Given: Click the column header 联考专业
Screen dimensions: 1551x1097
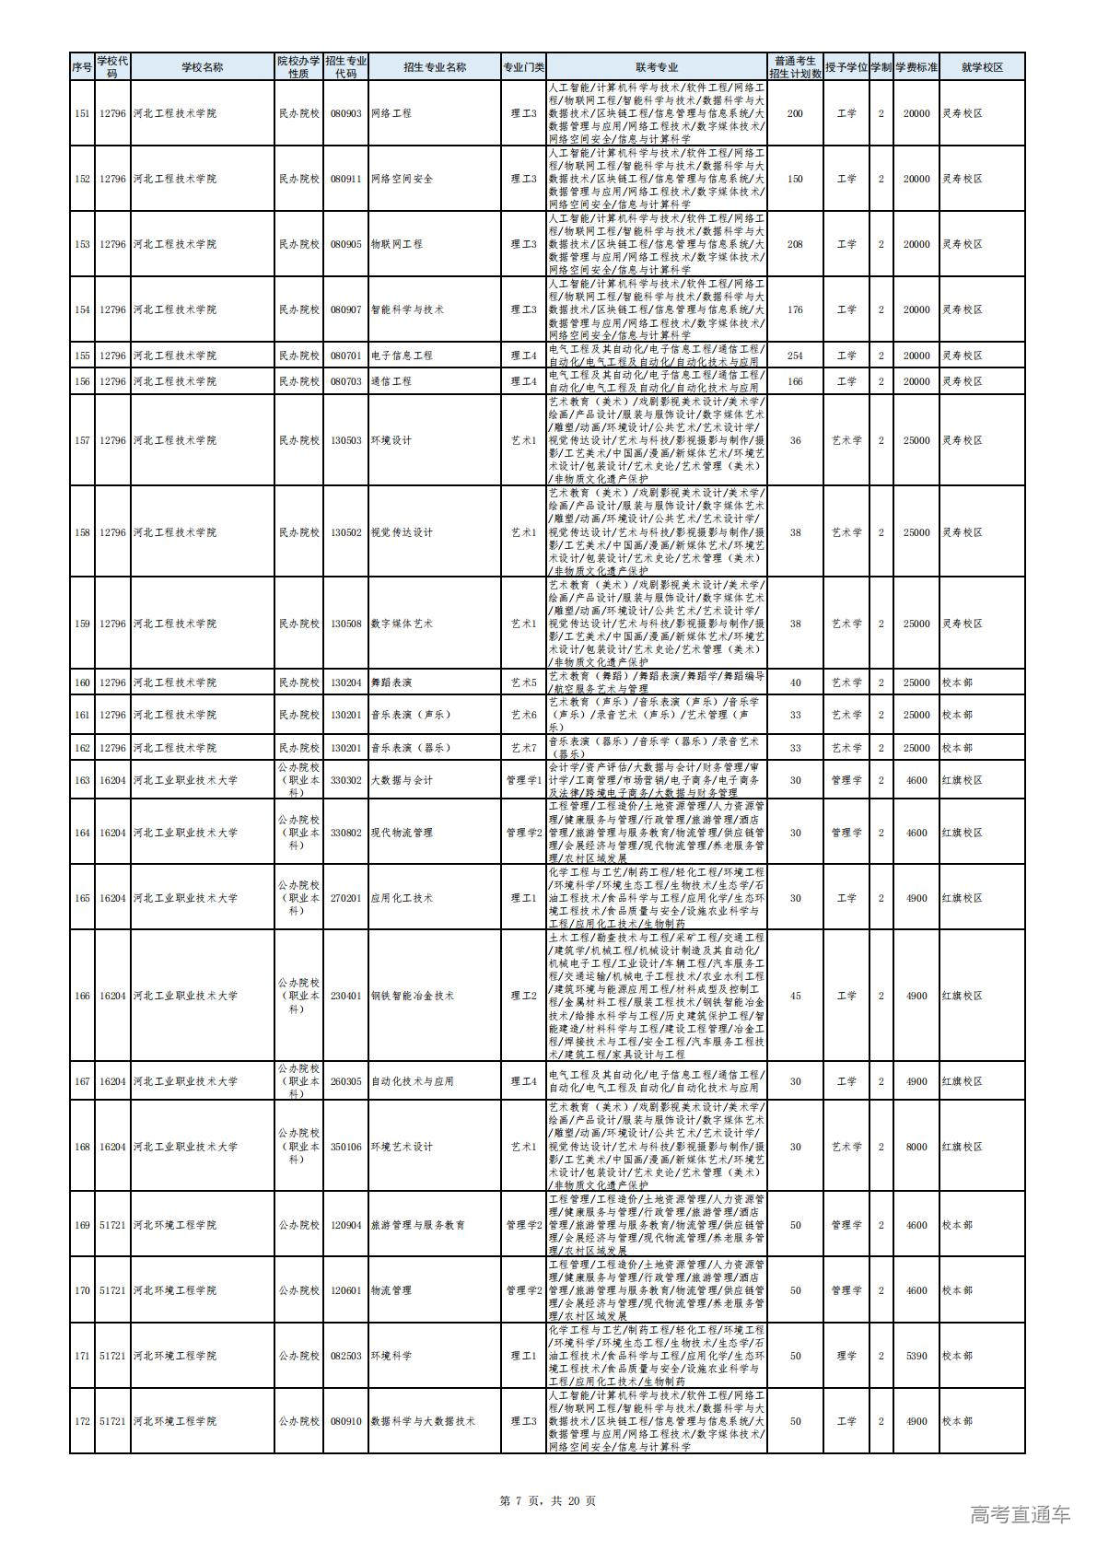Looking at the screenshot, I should click(656, 67).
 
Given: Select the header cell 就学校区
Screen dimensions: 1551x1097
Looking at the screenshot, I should click(981, 67).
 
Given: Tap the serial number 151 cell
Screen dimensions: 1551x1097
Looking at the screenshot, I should click(82, 113).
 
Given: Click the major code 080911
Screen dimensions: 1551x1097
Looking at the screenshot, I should click(345, 179).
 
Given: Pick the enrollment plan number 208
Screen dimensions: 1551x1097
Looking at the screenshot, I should click(795, 244).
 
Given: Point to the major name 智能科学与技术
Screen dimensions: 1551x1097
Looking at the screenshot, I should click(406, 309).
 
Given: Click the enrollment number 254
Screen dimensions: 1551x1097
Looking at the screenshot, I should click(795, 356).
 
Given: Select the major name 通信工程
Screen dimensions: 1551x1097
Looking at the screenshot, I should click(391, 381).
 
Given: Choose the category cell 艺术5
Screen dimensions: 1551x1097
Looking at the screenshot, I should click(523, 682).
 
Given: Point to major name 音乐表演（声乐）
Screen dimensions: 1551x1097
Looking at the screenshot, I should click(411, 715).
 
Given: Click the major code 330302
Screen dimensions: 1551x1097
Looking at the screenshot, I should click(345, 780).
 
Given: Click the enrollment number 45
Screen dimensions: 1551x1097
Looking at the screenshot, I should click(795, 996).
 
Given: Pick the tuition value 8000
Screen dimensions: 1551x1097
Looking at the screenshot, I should click(916, 1147).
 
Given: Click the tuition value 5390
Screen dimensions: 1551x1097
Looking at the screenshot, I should click(916, 1356).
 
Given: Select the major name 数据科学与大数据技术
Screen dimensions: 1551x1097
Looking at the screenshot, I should click(422, 1421).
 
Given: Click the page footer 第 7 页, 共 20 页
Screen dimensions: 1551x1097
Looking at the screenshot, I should click(547, 1500).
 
